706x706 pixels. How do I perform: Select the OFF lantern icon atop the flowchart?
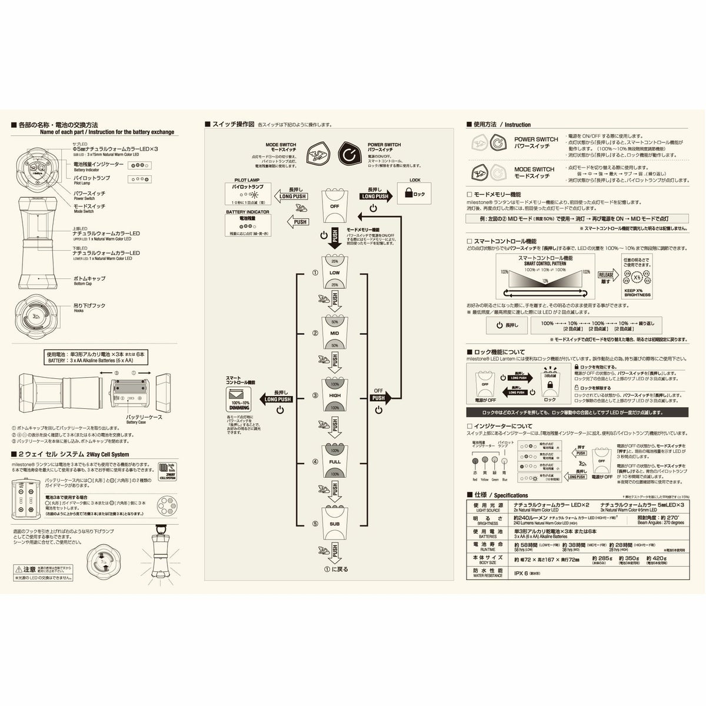[334, 204]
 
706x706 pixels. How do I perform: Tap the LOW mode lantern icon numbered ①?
[334, 272]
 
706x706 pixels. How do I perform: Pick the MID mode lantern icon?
[334, 333]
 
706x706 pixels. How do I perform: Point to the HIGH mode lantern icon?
[334, 395]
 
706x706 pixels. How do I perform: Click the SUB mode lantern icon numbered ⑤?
[334, 522]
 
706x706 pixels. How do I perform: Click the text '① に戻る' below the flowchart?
[334, 569]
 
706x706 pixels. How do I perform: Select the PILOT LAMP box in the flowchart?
[248, 192]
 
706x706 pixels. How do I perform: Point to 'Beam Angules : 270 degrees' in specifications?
[661, 522]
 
